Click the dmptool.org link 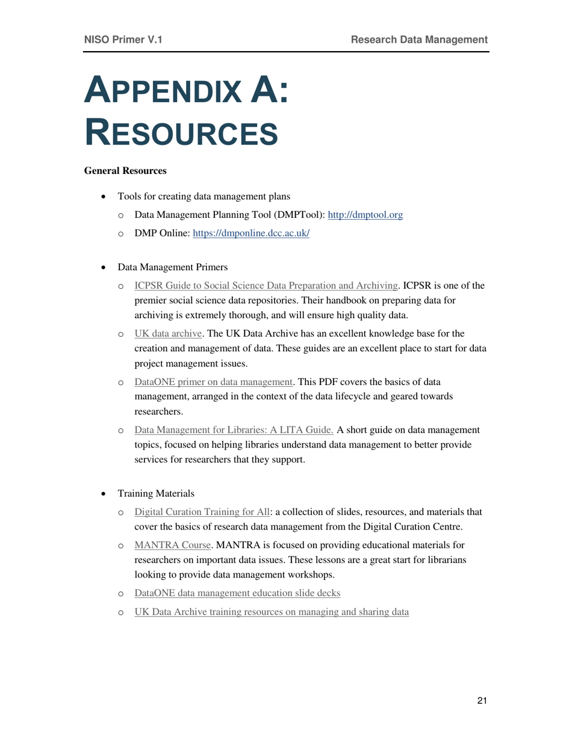point(368,214)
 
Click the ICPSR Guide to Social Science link point(266,285)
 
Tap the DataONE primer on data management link point(213,380)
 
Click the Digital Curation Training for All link point(202,512)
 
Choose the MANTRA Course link point(173,546)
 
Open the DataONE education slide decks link point(237,593)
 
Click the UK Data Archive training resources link point(272,612)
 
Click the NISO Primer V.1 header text point(123,40)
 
